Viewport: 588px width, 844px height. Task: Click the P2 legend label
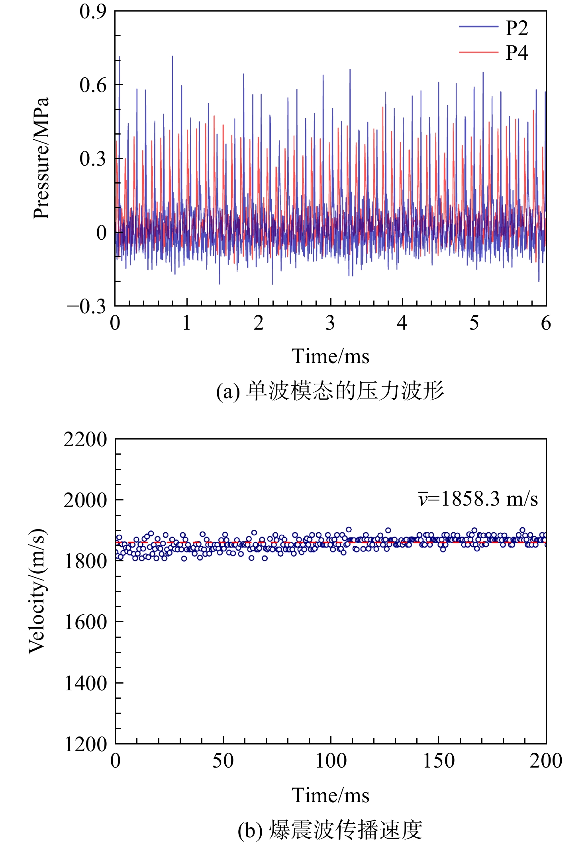(517, 27)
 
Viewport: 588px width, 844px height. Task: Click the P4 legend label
(517, 53)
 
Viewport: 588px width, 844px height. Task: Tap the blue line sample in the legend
(478, 27)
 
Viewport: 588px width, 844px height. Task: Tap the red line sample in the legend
(478, 52)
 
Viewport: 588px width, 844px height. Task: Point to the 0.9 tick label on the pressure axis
(93, 11)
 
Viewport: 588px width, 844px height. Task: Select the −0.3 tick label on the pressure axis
(87, 306)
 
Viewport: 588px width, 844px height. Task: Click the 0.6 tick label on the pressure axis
(93, 85)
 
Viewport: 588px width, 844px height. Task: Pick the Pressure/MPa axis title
(41, 158)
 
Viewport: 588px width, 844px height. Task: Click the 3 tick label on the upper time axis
(330, 323)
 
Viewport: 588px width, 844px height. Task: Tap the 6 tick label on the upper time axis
(546, 323)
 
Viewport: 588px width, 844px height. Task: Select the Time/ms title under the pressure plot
(330, 356)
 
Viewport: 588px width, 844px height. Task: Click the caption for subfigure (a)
(330, 391)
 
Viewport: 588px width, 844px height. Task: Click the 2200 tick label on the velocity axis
(85, 440)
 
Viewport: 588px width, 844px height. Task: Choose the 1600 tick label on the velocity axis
(85, 622)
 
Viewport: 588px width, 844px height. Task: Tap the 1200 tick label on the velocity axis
(85, 744)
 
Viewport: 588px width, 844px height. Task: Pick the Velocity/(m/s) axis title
(37, 591)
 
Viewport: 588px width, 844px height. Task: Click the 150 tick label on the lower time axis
(438, 761)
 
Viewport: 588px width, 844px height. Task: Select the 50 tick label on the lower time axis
(223, 761)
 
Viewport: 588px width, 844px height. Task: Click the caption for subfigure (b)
(330, 830)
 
